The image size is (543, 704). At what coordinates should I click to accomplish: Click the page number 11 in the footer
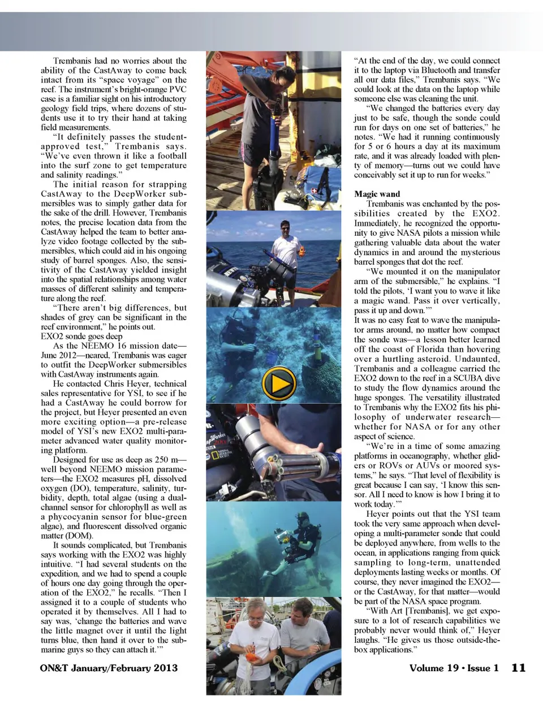click(518, 668)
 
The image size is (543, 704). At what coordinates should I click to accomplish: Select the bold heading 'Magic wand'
click(377, 194)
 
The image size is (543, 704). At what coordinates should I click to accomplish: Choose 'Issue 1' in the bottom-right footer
click(483, 668)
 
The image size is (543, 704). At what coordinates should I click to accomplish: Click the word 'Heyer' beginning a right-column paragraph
click(379, 514)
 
